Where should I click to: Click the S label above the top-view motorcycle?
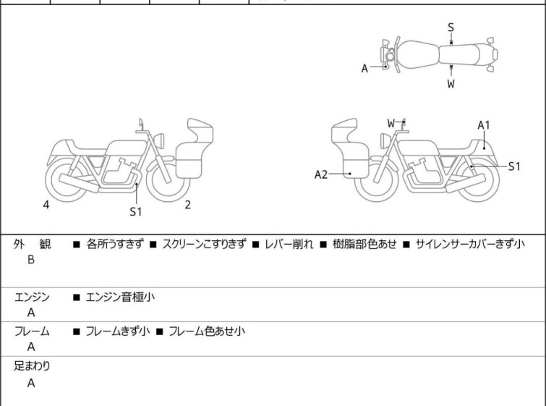[x=451, y=28]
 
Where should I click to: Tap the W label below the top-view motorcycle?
[x=451, y=84]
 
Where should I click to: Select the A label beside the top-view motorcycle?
[x=364, y=69]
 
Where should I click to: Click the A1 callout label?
[x=484, y=125]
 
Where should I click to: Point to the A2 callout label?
[x=320, y=174]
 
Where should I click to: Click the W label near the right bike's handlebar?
[x=391, y=123]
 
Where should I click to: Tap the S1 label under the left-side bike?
[x=136, y=211]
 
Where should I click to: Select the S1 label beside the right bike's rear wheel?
[x=514, y=166]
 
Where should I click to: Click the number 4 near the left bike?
[x=46, y=205]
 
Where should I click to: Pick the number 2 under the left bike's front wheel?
[x=188, y=205]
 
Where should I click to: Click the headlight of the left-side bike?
[x=159, y=140]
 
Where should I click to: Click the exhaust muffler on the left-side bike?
[x=79, y=182]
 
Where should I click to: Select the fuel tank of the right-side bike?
[x=417, y=148]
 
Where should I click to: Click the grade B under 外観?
[x=31, y=260]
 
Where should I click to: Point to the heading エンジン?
[x=32, y=297]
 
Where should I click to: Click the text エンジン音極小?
[x=120, y=297]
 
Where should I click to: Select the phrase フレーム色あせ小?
[x=207, y=331]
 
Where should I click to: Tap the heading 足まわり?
[x=32, y=366]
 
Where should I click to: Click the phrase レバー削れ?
[x=289, y=244]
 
